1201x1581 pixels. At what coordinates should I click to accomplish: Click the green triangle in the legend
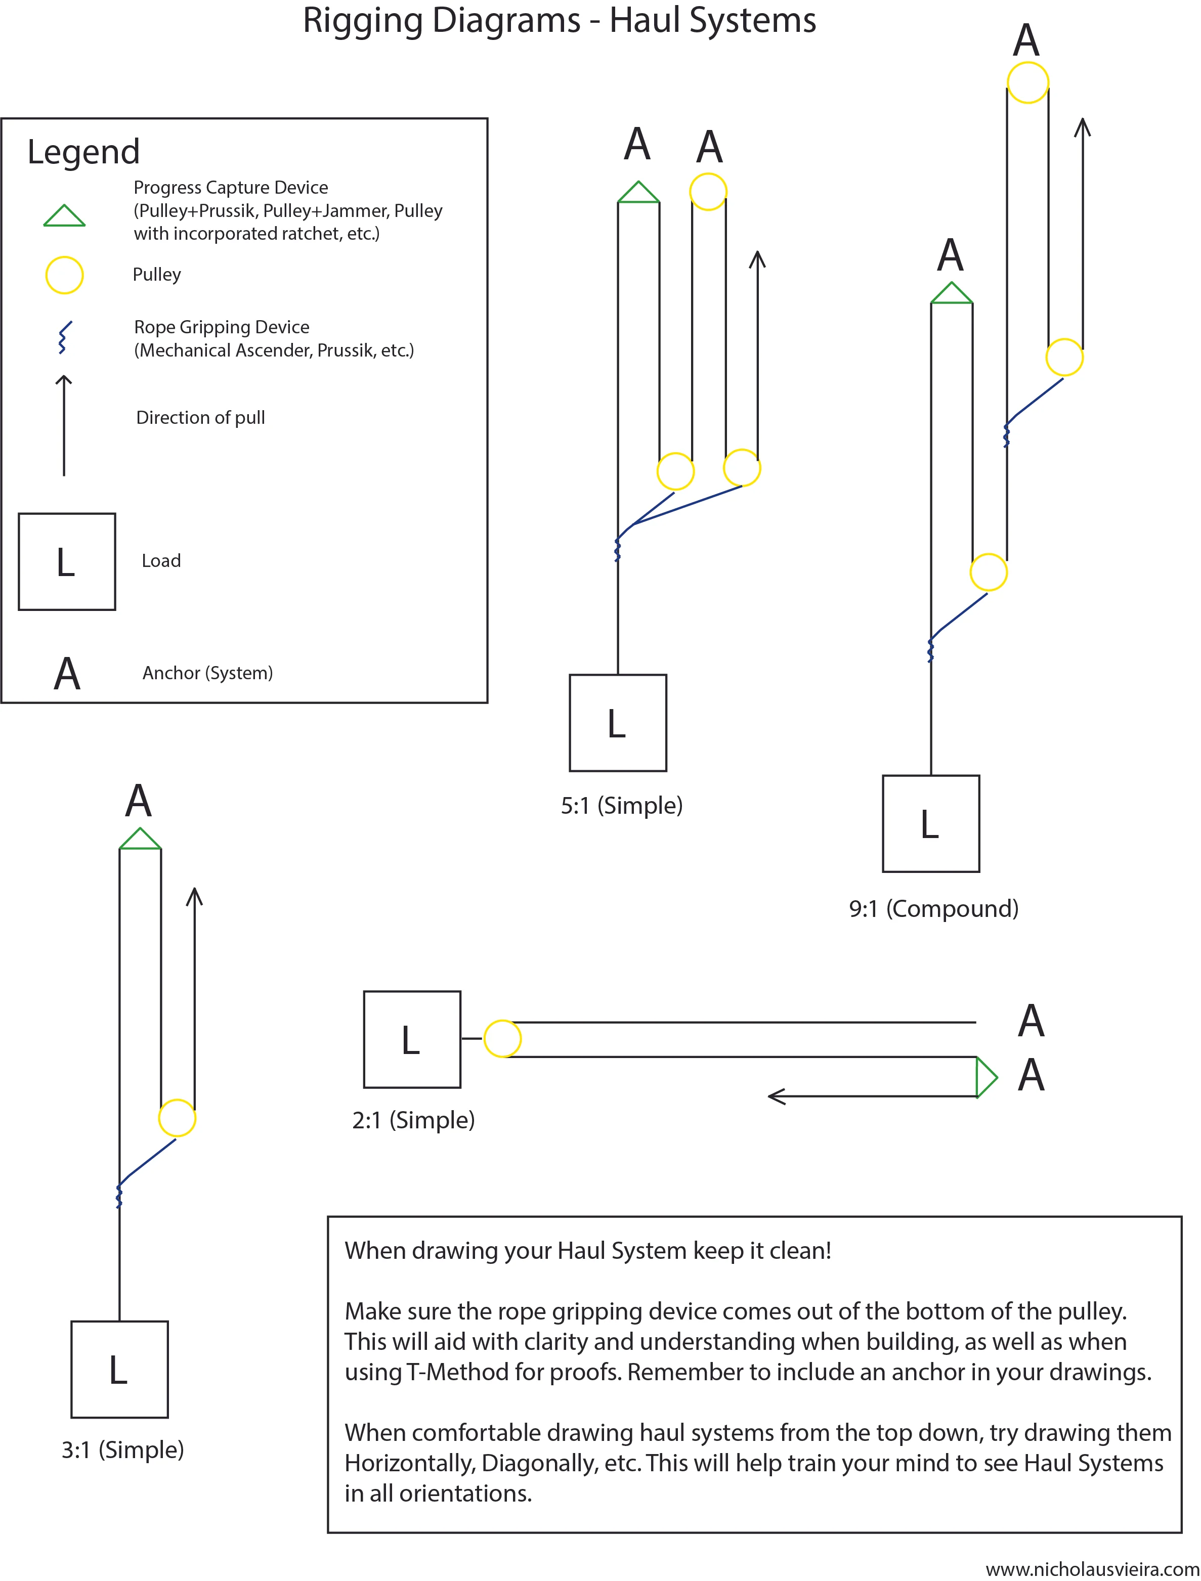[64, 216]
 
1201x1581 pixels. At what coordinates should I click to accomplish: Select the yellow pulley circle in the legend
[64, 275]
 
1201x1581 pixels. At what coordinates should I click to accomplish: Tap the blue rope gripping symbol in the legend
[64, 337]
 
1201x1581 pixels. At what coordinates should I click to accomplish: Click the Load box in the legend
[66, 562]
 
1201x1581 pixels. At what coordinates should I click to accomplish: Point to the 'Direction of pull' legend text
[200, 417]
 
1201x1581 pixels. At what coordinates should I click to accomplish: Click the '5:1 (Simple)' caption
[621, 806]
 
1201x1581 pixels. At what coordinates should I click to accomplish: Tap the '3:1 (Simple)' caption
[122, 1450]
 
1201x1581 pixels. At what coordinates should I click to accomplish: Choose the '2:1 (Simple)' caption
[413, 1120]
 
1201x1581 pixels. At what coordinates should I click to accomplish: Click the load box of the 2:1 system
[412, 1039]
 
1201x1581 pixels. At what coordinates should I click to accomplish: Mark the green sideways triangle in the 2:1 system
[985, 1076]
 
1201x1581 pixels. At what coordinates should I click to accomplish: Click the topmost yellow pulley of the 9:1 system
[1027, 82]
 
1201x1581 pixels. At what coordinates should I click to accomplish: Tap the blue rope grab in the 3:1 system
[119, 1195]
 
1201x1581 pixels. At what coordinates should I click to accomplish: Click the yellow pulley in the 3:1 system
[177, 1118]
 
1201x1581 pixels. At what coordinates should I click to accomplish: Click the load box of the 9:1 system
[931, 823]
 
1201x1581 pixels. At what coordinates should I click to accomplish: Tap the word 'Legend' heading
[83, 152]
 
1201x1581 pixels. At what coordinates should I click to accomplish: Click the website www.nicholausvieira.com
[1092, 1569]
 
